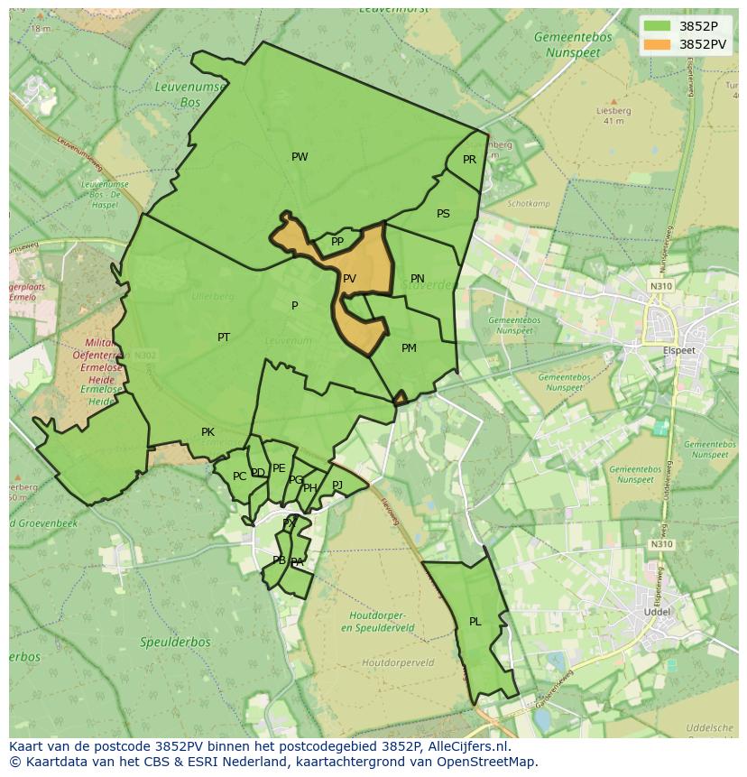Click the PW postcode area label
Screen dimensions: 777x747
(300, 157)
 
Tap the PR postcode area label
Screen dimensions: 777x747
(469, 160)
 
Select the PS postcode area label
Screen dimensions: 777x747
(443, 214)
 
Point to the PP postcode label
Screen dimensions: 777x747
(337, 242)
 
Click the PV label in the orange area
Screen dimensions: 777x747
(349, 279)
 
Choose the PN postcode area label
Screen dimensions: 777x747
(417, 279)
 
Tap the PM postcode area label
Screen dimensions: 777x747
(409, 348)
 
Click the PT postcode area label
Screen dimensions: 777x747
(224, 338)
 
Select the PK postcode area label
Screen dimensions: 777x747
(207, 432)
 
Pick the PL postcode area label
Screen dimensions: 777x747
(475, 622)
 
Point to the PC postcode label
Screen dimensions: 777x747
(239, 476)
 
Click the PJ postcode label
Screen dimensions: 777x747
(337, 485)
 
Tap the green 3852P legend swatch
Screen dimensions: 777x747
(658, 26)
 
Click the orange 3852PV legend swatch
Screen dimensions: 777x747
(658, 43)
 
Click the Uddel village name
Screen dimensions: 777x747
(657, 612)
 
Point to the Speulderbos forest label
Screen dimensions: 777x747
(175, 643)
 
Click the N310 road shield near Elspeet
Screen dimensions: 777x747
(661, 286)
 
